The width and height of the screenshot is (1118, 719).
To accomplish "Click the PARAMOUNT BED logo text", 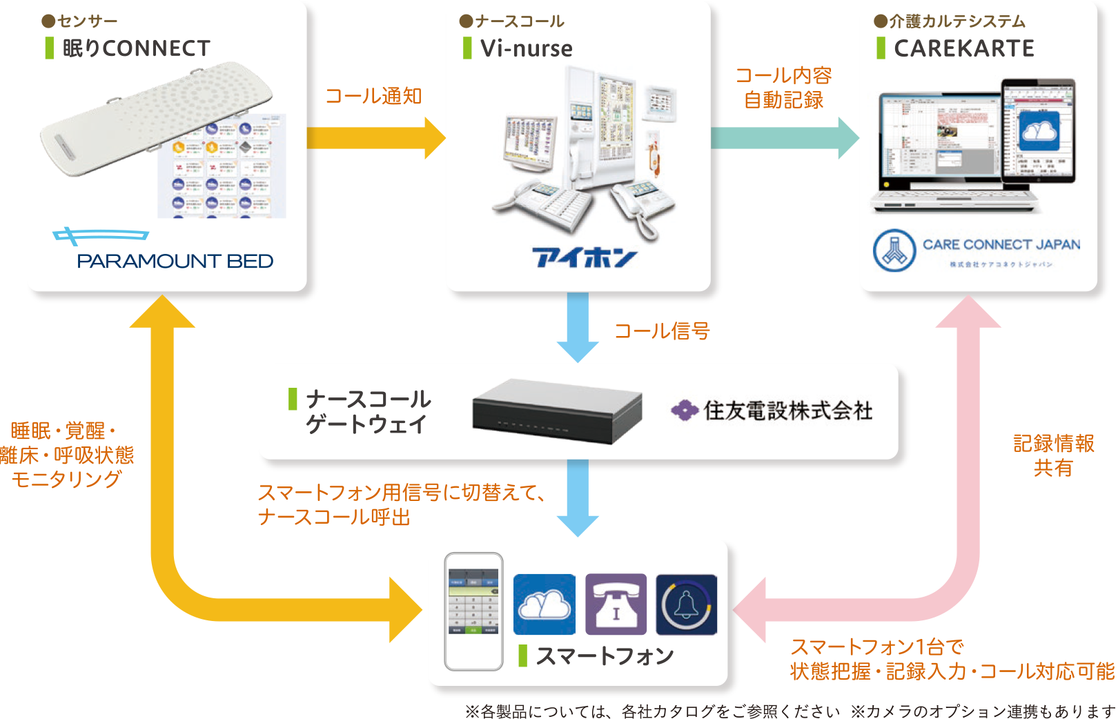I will click(x=175, y=261).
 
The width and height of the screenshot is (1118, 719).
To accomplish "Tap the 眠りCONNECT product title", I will click(x=136, y=48).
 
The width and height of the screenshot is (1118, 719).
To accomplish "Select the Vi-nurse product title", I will click(x=526, y=48).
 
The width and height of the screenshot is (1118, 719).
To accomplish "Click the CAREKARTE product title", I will click(x=963, y=48).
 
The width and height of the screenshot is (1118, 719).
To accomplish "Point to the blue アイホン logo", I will click(x=584, y=257).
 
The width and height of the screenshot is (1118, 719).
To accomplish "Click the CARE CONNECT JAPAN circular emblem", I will click(x=894, y=250).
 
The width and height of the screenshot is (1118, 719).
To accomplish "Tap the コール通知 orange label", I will click(x=373, y=96).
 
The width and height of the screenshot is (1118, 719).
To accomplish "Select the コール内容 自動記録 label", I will click(x=783, y=88).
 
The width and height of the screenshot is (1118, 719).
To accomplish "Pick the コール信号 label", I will click(x=662, y=331).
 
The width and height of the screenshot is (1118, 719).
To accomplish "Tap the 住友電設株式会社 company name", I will click(x=787, y=411).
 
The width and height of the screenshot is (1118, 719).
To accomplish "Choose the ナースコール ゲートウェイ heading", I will click(x=368, y=411).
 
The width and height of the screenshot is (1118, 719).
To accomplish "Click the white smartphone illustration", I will click(x=473, y=611).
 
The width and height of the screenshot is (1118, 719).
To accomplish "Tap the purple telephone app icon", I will click(x=616, y=604).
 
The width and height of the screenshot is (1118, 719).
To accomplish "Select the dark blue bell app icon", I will click(x=686, y=604).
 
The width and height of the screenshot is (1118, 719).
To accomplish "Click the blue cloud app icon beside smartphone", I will click(x=545, y=604).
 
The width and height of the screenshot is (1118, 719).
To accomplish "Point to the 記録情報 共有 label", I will click(x=1053, y=455).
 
